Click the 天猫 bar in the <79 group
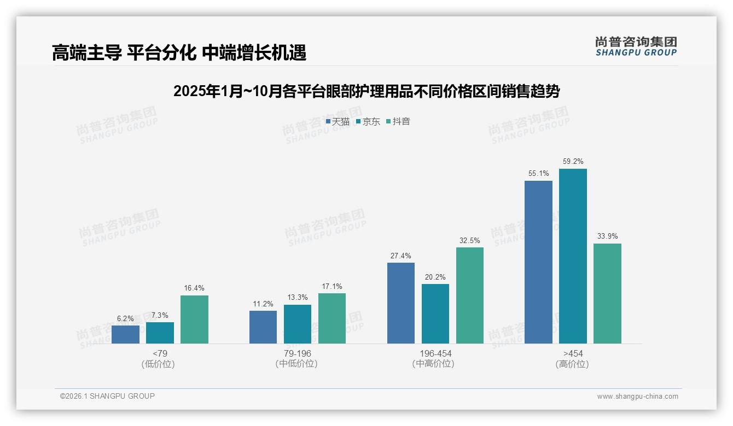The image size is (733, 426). tap(125, 334)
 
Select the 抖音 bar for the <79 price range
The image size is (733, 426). tap(194, 319)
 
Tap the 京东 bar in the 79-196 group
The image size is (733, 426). tap(298, 324)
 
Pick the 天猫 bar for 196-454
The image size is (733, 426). tap(401, 303)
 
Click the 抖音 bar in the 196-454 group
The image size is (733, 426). tap(470, 295)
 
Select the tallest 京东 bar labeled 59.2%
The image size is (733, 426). tap(573, 256)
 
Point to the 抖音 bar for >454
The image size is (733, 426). tap(607, 293)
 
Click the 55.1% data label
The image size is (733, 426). tap(538, 174)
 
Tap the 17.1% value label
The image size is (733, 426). tap(332, 286)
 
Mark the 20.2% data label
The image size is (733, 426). tap(435, 277)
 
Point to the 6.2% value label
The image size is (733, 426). tap(125, 318)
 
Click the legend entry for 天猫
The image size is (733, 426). tap(338, 122)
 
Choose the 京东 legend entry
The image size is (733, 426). tap(368, 122)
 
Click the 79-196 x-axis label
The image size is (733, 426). tap(297, 353)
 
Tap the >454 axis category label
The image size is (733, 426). tap(572, 353)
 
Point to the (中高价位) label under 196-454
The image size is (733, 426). tap(435, 364)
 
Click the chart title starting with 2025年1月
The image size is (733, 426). tap(366, 91)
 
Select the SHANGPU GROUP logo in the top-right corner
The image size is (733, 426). tap(636, 46)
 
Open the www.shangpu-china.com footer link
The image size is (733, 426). tap(637, 397)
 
